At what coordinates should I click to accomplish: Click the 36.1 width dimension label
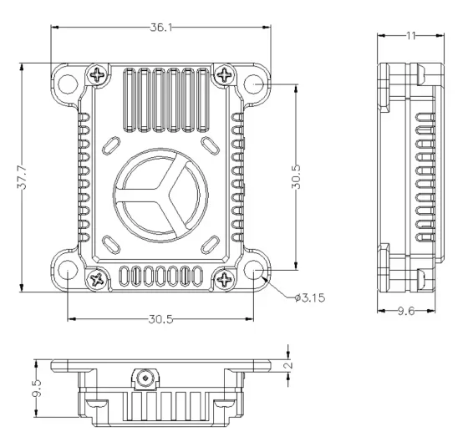161,28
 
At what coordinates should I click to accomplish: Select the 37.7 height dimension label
22,177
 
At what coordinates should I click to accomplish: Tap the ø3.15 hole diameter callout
310,297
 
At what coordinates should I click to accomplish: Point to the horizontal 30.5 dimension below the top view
160,319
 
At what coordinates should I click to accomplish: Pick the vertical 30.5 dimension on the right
296,176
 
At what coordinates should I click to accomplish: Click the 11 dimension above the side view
410,36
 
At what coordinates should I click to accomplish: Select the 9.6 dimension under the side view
406,311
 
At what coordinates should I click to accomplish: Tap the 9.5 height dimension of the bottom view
38,388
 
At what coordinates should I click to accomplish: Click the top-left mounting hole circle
68,84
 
